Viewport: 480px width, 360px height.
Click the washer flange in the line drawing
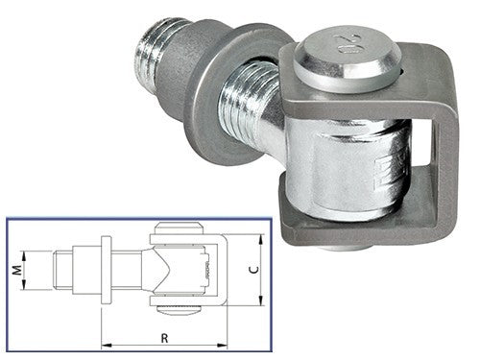[x=106, y=270]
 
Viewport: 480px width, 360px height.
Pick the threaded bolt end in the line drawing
[x=62, y=270]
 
